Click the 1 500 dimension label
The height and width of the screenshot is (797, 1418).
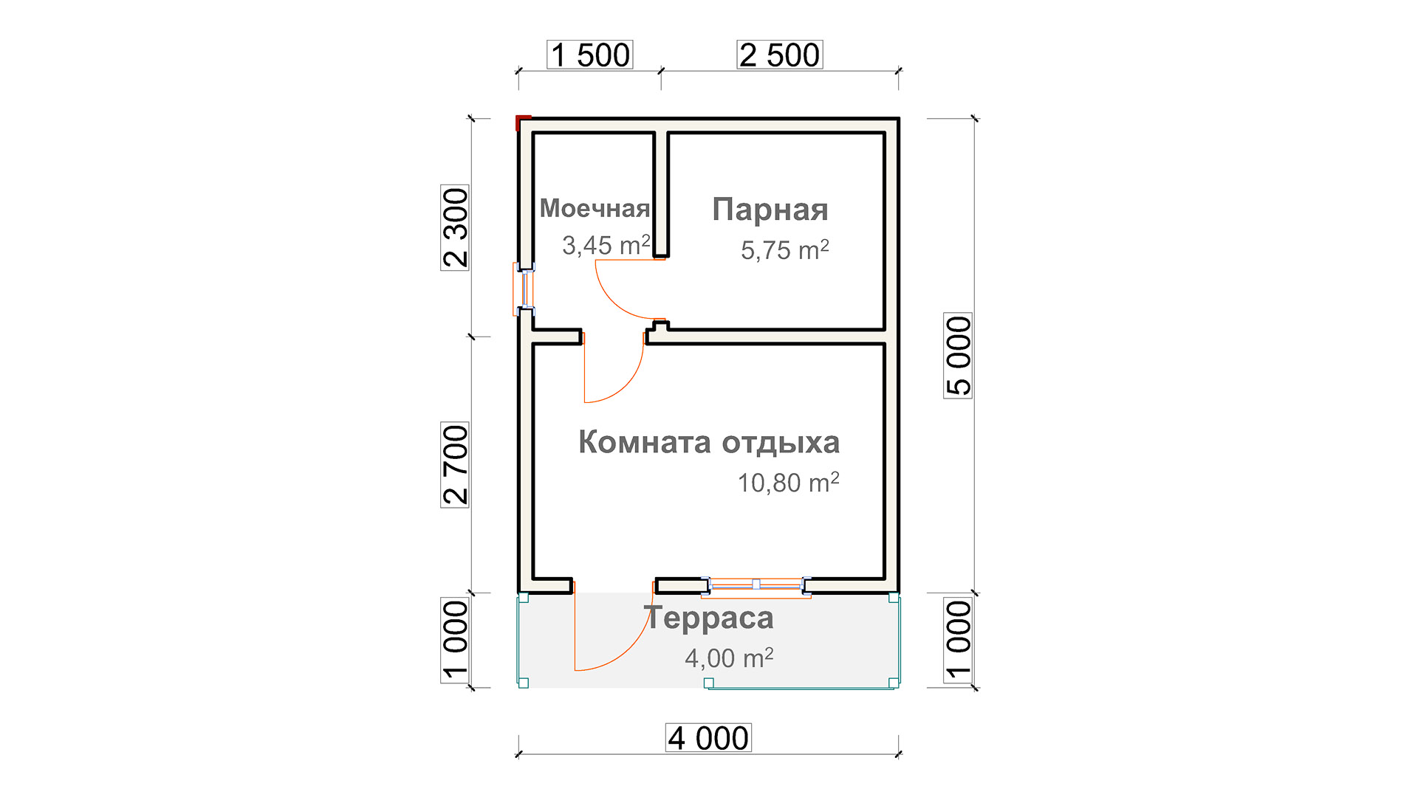590,55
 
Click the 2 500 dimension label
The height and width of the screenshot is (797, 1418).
780,55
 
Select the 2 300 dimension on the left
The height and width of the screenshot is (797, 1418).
455,228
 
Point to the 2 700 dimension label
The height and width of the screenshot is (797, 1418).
455,465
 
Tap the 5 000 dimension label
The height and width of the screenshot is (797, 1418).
958,356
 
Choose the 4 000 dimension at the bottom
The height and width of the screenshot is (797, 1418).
709,738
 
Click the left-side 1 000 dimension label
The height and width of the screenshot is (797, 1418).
455,641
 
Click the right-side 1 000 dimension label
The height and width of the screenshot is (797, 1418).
958,641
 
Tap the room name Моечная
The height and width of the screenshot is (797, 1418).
595,209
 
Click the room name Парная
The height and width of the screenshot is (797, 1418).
770,210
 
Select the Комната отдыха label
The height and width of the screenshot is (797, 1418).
709,443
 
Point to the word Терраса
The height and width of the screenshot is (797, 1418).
709,618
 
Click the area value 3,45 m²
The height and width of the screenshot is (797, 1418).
606,245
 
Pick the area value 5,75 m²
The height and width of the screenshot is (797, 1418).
785,250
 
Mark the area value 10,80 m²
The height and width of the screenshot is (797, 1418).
789,483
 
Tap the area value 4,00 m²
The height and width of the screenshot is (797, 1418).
729,658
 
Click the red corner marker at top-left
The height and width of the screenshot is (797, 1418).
523,121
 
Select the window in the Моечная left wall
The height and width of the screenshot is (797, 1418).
524,289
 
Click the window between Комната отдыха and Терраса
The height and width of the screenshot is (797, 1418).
756,585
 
